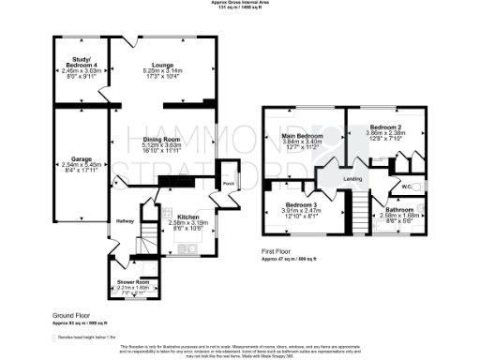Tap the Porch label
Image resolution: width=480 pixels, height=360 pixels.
[228, 183]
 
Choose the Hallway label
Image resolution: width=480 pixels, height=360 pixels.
[125, 221]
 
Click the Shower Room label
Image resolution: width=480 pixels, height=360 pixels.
[133, 281]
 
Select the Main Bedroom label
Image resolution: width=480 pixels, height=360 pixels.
[301, 135]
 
